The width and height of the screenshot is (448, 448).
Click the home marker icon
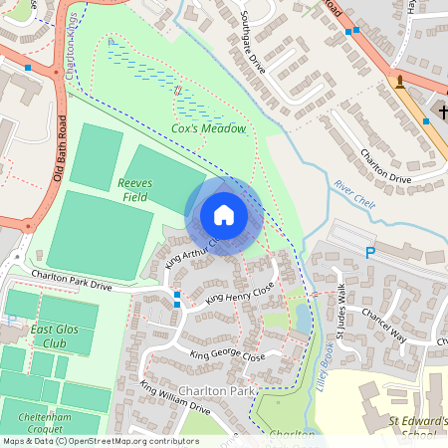(224, 215)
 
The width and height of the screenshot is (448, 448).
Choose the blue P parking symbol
(370, 254)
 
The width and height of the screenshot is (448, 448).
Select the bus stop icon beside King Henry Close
(177, 296)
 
